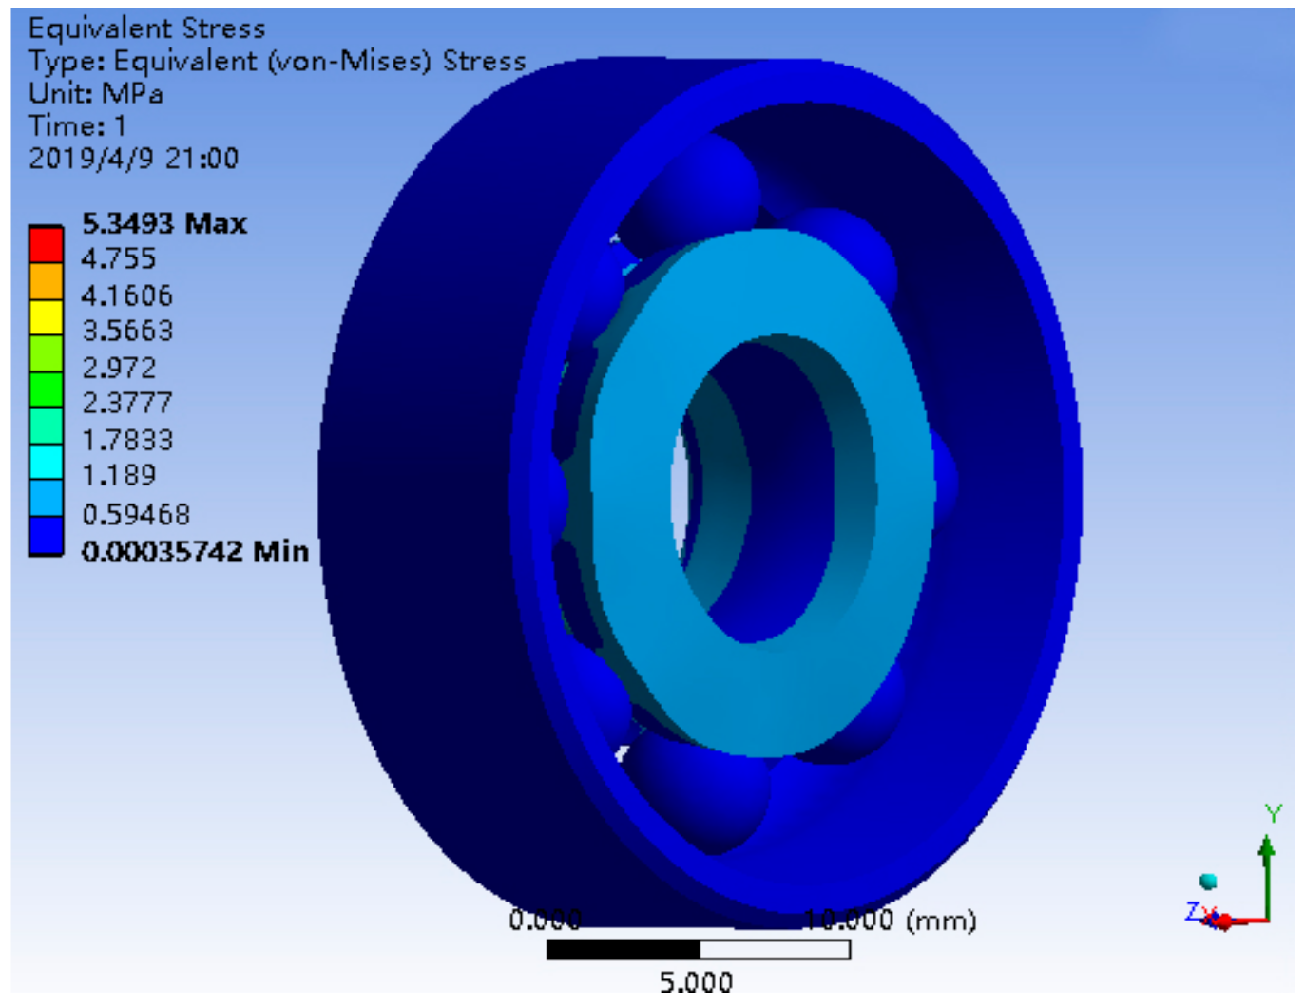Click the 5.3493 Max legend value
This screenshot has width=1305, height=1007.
[163, 223]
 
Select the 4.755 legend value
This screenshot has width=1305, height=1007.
[118, 258]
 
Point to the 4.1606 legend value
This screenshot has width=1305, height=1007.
[126, 295]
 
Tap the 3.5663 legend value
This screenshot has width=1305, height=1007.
[127, 331]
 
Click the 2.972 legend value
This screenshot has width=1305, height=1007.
[118, 368]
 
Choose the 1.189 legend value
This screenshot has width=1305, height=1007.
[118, 475]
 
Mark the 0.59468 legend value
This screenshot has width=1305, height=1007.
[135, 514]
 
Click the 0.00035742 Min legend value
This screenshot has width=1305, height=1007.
[195, 551]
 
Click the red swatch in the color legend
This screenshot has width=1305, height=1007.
[46, 245]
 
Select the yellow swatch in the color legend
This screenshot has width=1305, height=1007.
[46, 317]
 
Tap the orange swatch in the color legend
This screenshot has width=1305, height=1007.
[46, 281]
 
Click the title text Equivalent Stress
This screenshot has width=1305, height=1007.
[146, 28]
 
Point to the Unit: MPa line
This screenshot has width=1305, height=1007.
[95, 93]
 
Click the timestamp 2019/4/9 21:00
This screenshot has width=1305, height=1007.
[133, 158]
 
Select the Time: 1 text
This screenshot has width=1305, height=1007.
[76, 125]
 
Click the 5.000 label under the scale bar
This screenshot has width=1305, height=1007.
[696, 981]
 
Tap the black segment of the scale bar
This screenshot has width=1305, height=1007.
[623, 949]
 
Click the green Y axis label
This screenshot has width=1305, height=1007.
[1273, 813]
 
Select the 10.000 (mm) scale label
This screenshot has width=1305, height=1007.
[889, 920]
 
